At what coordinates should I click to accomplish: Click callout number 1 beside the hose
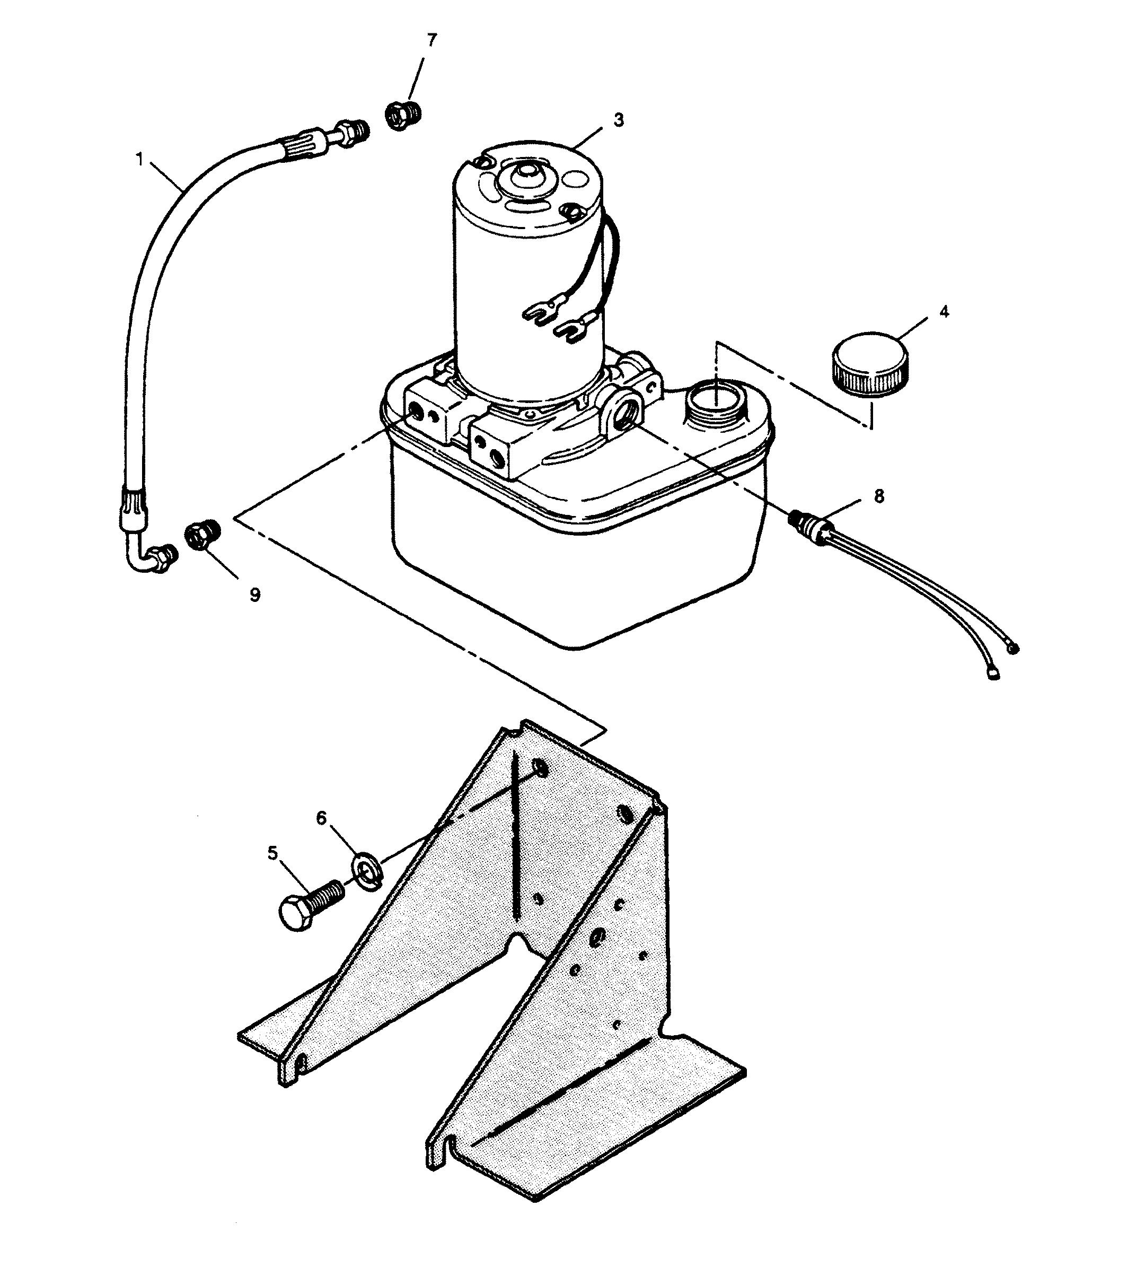point(139,159)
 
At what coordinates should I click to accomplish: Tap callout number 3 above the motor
point(619,119)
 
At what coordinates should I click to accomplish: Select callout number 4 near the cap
point(944,311)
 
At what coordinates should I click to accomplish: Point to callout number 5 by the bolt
point(272,853)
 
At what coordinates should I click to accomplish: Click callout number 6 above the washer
point(321,818)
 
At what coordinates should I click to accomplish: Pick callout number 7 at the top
point(431,40)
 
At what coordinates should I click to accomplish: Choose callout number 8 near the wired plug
point(878,496)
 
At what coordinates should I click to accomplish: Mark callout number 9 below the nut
point(254,594)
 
